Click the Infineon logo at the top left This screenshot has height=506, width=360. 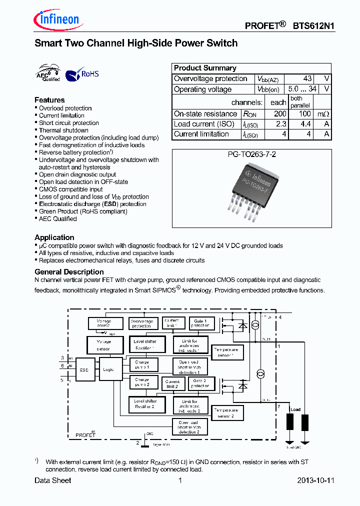tap(56, 19)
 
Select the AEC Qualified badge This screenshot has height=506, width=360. tap(48, 73)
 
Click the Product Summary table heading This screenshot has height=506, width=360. tap(205, 68)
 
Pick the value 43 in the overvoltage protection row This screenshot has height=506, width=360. tap(307, 78)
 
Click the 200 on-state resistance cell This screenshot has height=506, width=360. tap(280, 114)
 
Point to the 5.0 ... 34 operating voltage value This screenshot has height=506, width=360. tap(302, 89)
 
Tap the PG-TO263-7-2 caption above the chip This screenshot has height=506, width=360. tap(251, 155)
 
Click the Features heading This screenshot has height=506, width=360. tap(49, 100)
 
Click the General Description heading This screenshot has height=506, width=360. tap(69, 272)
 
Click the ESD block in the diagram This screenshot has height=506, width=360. tap(84, 369)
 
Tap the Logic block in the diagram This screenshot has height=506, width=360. tap(108, 369)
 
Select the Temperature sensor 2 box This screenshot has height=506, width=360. tap(227, 412)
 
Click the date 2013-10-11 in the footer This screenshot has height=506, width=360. tap(315, 480)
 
